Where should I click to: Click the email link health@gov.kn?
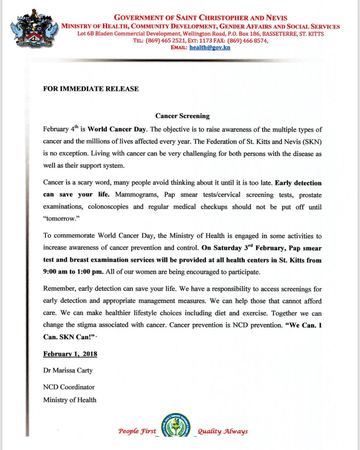210,47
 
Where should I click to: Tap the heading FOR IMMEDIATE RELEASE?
91,89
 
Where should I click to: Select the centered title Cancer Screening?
182,116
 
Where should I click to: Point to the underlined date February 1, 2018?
70,354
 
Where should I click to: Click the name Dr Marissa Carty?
68,370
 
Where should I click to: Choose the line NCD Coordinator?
69,387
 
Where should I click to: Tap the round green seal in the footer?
176,425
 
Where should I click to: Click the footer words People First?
137,431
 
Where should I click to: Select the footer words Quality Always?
222,431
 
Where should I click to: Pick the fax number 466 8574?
254,40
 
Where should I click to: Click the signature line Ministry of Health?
69,399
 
